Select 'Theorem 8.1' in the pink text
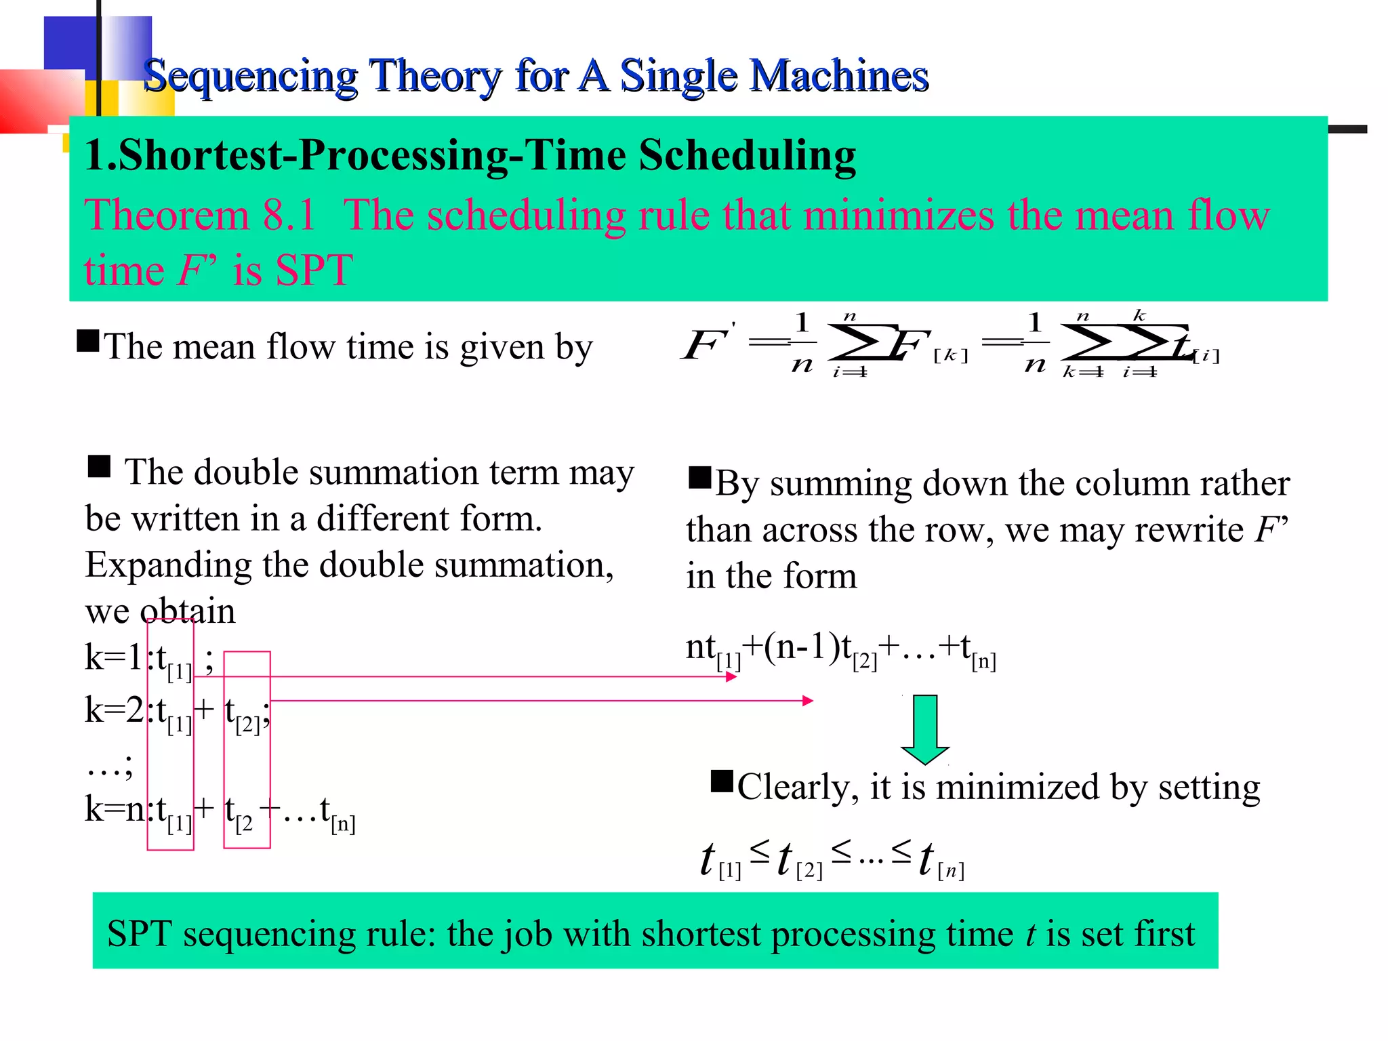200,216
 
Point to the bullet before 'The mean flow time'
88,340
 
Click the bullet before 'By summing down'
699,478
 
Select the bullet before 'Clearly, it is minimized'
722,781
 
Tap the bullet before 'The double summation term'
99,467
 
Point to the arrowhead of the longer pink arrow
807,701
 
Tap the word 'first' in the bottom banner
1164,934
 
